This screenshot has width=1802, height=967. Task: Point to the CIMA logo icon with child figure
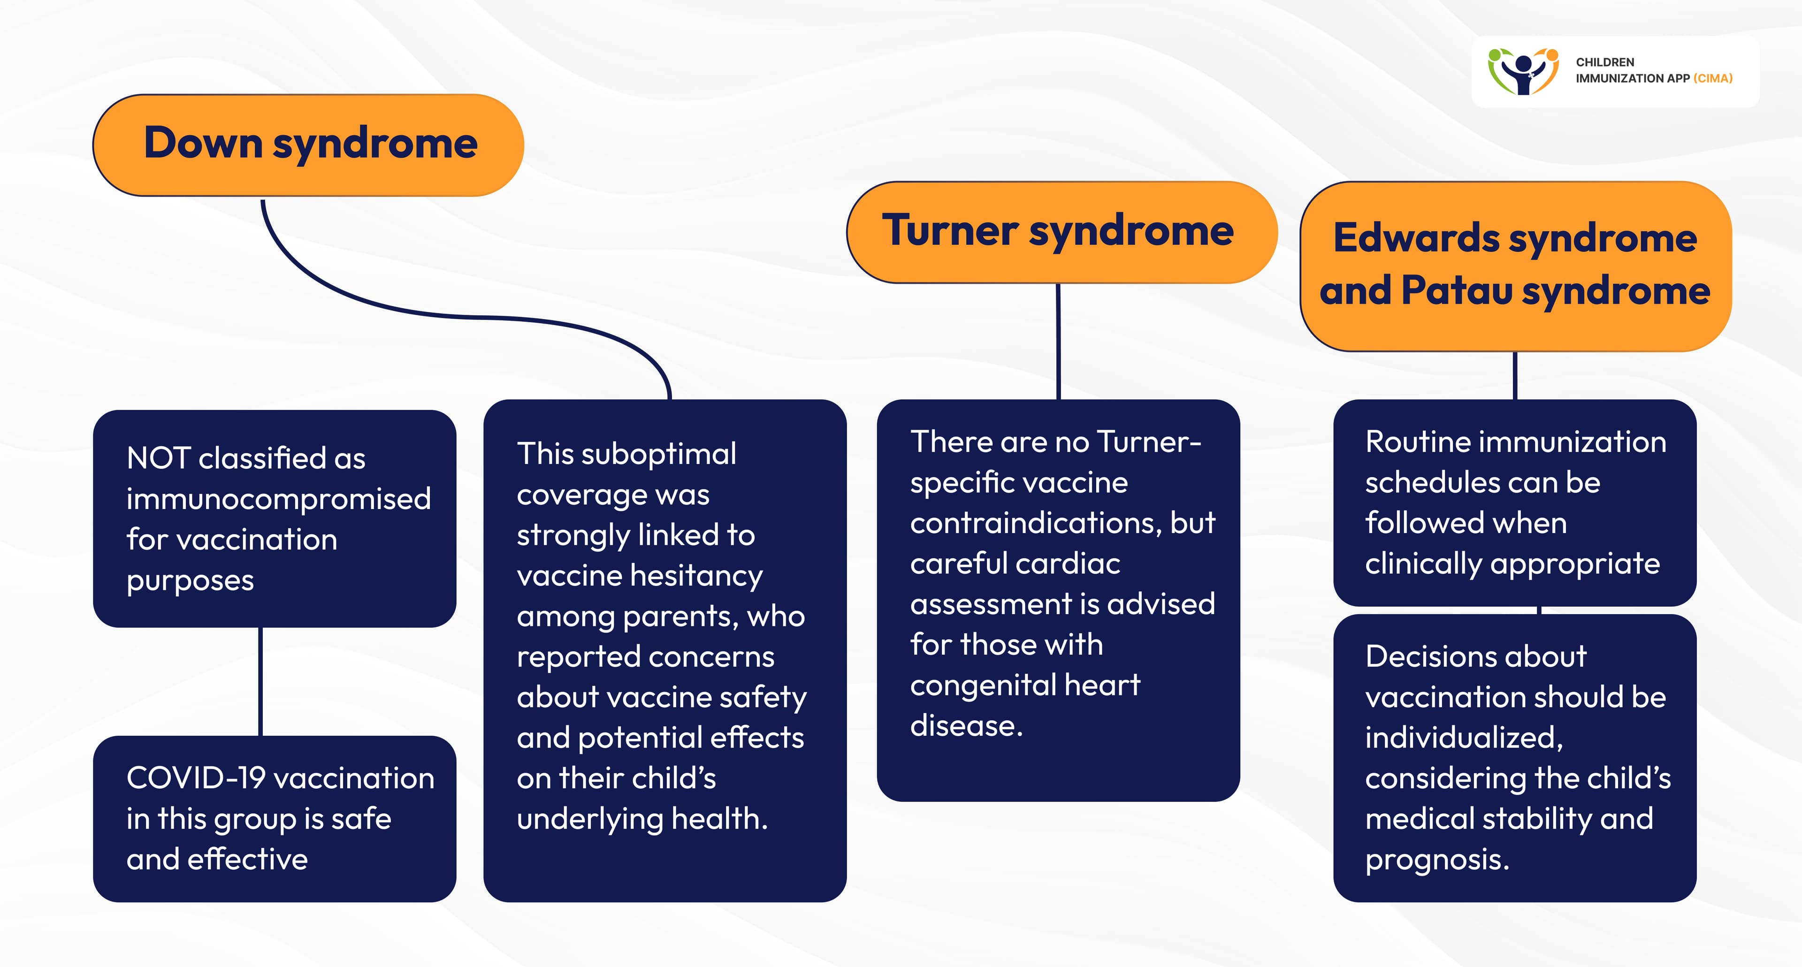point(1522,71)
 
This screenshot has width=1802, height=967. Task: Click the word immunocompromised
point(278,499)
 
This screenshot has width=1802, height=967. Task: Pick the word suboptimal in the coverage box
point(658,454)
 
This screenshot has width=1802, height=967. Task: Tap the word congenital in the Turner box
point(982,685)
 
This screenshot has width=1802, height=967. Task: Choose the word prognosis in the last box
point(1437,860)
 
